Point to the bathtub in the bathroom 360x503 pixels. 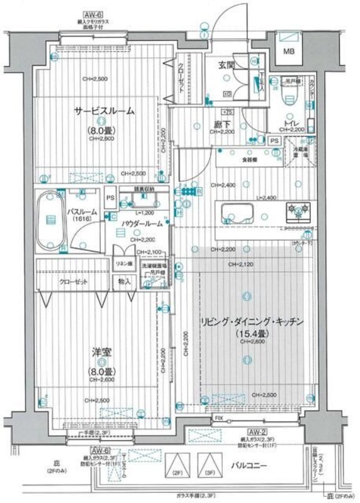pyautogui.click(x=50, y=221)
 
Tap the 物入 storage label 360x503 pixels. pyautogui.click(x=124, y=282)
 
